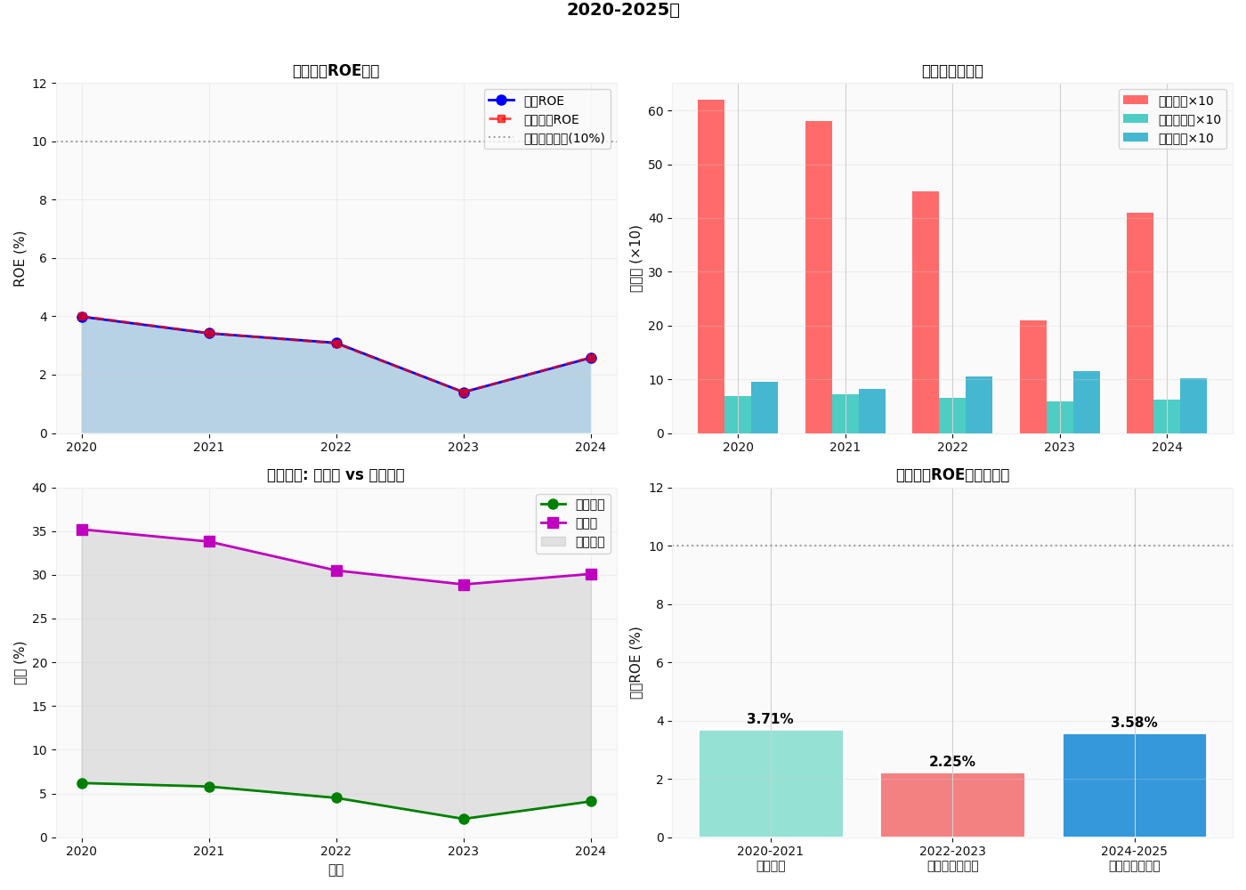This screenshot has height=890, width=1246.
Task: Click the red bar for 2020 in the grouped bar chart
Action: click(711, 267)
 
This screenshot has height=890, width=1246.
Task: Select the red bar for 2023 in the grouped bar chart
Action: click(1032, 377)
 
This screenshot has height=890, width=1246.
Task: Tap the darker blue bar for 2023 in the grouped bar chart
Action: click(1087, 402)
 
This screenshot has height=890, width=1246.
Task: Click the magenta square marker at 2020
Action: click(82, 530)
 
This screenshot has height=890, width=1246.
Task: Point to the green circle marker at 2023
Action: click(464, 819)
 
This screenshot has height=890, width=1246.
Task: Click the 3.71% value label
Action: click(770, 719)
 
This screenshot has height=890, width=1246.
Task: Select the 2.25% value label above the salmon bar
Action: click(952, 762)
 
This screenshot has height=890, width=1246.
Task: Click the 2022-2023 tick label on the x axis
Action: click(952, 852)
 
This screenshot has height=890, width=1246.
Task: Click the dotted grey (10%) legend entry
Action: click(547, 138)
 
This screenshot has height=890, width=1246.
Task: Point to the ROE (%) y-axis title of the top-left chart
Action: click(20, 258)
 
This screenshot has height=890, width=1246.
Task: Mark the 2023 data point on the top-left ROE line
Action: click(464, 392)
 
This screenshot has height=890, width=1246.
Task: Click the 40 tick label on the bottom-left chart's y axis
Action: click(39, 488)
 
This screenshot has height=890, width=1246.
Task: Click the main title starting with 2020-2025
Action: click(623, 10)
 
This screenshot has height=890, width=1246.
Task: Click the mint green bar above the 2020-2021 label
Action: click(771, 783)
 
